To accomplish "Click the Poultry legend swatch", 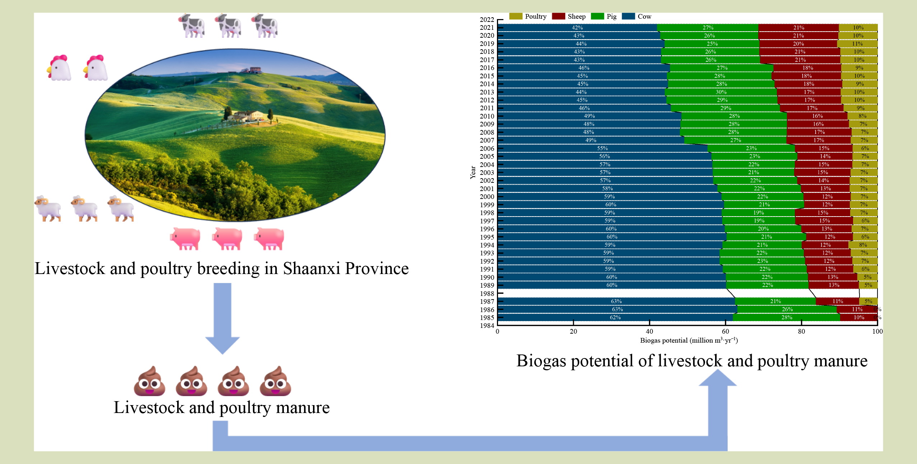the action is [x=516, y=16].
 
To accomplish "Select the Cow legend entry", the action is [x=636, y=16].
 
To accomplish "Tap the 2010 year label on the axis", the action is [x=487, y=116].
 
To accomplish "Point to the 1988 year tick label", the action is [x=487, y=293].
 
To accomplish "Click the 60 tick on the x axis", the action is [x=725, y=331].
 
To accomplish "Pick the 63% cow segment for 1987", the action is [x=616, y=301].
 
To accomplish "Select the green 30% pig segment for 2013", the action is [x=721, y=92].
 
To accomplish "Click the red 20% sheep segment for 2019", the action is [x=798, y=44].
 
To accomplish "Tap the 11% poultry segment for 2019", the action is [x=857, y=44].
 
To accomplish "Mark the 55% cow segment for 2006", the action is [x=603, y=148].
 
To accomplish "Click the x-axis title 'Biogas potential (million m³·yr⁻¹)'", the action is [x=689, y=340].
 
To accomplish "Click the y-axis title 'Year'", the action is [x=473, y=172].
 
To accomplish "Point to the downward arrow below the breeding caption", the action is [x=222, y=318].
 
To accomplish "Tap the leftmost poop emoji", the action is [x=149, y=381].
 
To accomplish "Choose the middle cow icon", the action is [x=228, y=26].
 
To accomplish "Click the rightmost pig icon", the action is [x=269, y=238].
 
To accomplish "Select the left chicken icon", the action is [x=59, y=68].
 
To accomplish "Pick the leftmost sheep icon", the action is [x=48, y=208].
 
